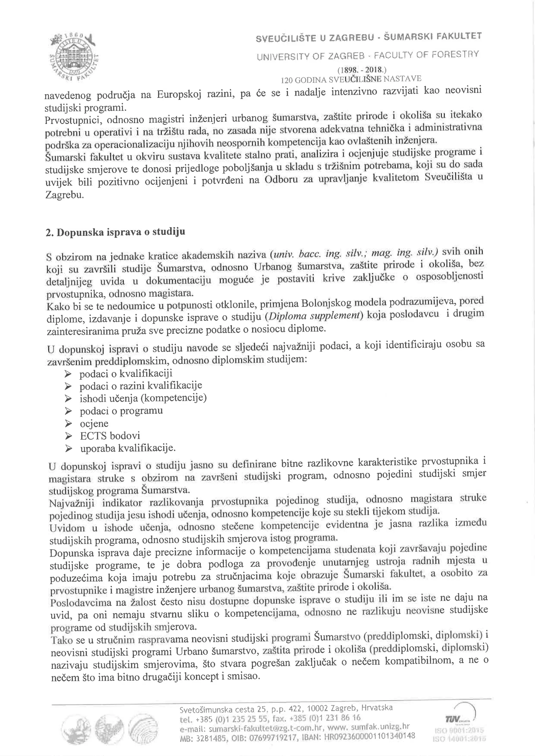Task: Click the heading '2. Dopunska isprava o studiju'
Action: tap(115, 232)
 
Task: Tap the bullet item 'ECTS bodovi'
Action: tap(110, 436)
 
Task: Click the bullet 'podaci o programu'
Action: tap(121, 411)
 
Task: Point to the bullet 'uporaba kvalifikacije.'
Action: tap(127, 448)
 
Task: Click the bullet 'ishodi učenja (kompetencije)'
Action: tap(143, 398)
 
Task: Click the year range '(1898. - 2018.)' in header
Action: tap(361, 70)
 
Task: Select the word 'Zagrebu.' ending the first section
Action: tap(65, 195)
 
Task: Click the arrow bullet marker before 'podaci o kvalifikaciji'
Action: tap(68, 374)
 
